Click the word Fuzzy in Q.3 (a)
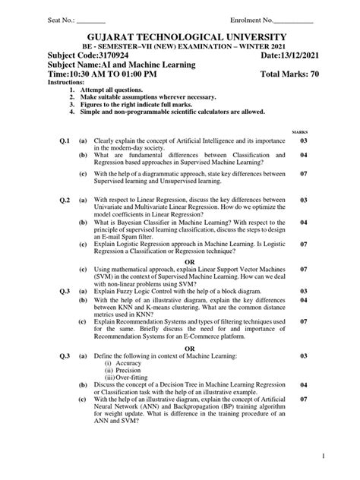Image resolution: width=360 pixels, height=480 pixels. pyautogui.click(x=126, y=291)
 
